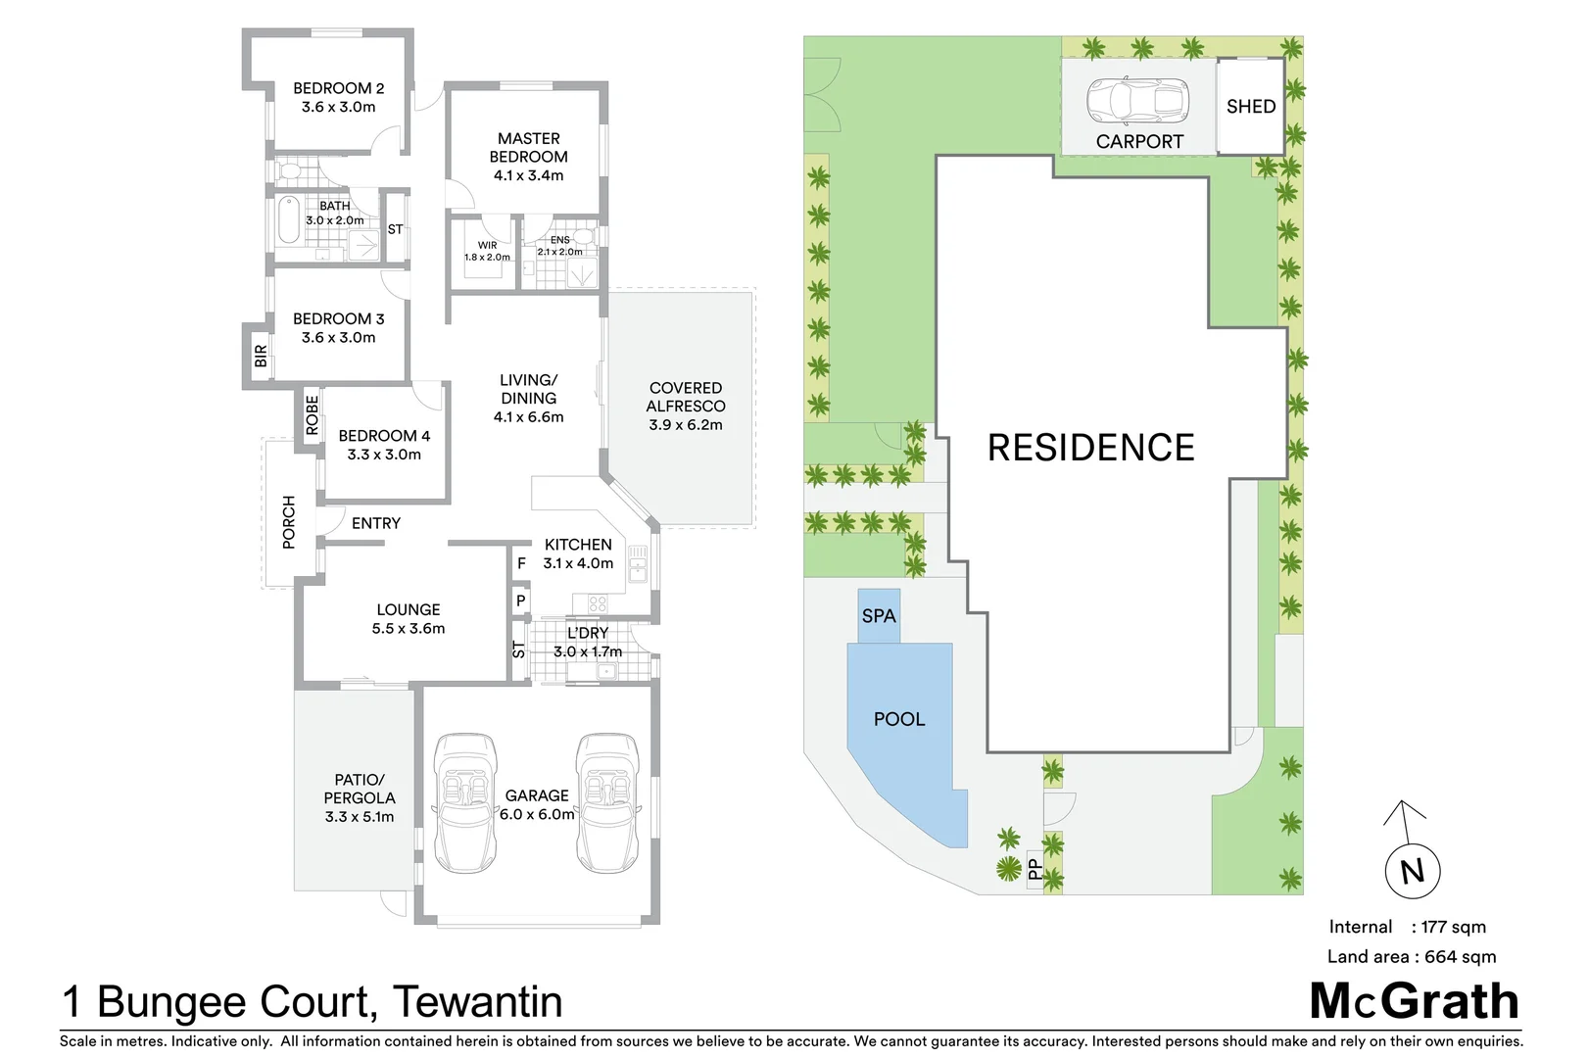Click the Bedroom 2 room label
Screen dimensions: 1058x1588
tap(338, 88)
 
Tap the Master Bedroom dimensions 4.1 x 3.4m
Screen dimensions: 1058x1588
tap(528, 175)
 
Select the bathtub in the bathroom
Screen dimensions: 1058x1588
tap(289, 220)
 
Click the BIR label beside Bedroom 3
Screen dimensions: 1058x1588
tap(260, 356)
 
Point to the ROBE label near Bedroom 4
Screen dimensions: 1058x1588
tap(312, 414)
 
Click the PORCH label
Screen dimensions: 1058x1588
tap(288, 522)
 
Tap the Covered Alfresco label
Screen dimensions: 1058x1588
tap(686, 397)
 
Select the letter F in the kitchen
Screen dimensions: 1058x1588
tap(521, 563)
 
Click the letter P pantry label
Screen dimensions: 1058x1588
tap(520, 601)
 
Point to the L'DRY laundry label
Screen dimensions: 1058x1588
tap(588, 633)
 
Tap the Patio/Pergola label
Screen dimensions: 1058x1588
tap(360, 789)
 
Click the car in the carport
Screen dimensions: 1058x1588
tap(1136, 98)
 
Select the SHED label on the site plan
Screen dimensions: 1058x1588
tap(1251, 106)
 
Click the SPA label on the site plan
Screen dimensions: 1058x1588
tap(879, 616)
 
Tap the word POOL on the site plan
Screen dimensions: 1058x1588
tap(898, 719)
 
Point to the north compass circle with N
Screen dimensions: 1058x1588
tap(1412, 870)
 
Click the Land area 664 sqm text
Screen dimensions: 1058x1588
tap(1411, 956)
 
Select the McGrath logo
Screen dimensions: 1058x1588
tap(1414, 1001)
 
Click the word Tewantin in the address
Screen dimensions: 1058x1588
tap(478, 1002)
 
